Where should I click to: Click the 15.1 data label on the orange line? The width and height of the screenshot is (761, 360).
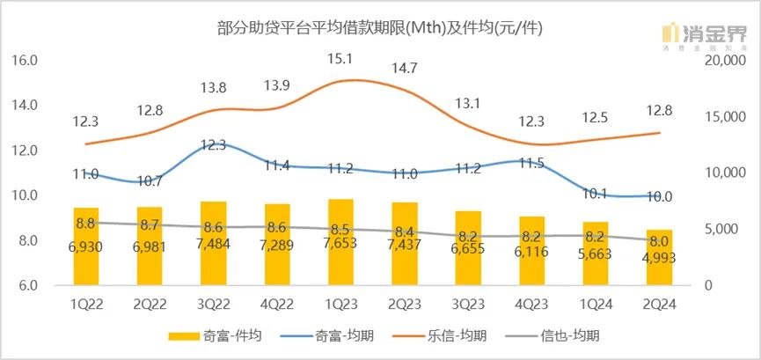(x=340, y=59)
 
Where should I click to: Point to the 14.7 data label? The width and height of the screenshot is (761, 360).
(x=404, y=67)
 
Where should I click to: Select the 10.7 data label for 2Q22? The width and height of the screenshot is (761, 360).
(x=150, y=181)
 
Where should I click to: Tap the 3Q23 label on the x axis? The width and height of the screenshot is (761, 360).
(x=467, y=305)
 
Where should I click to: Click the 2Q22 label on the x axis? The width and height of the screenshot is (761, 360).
(x=150, y=305)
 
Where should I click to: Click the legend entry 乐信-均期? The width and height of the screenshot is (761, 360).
(x=463, y=336)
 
